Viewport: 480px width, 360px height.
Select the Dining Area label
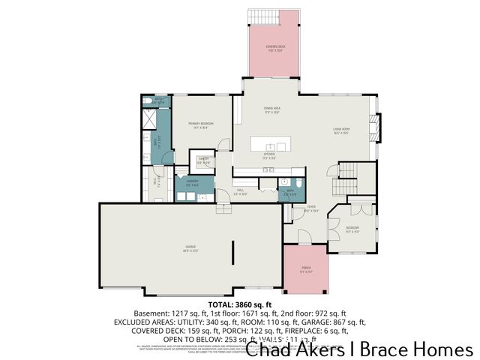271,109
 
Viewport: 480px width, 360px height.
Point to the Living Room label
342,130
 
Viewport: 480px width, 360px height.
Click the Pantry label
203,160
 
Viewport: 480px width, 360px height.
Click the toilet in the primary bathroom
148,101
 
